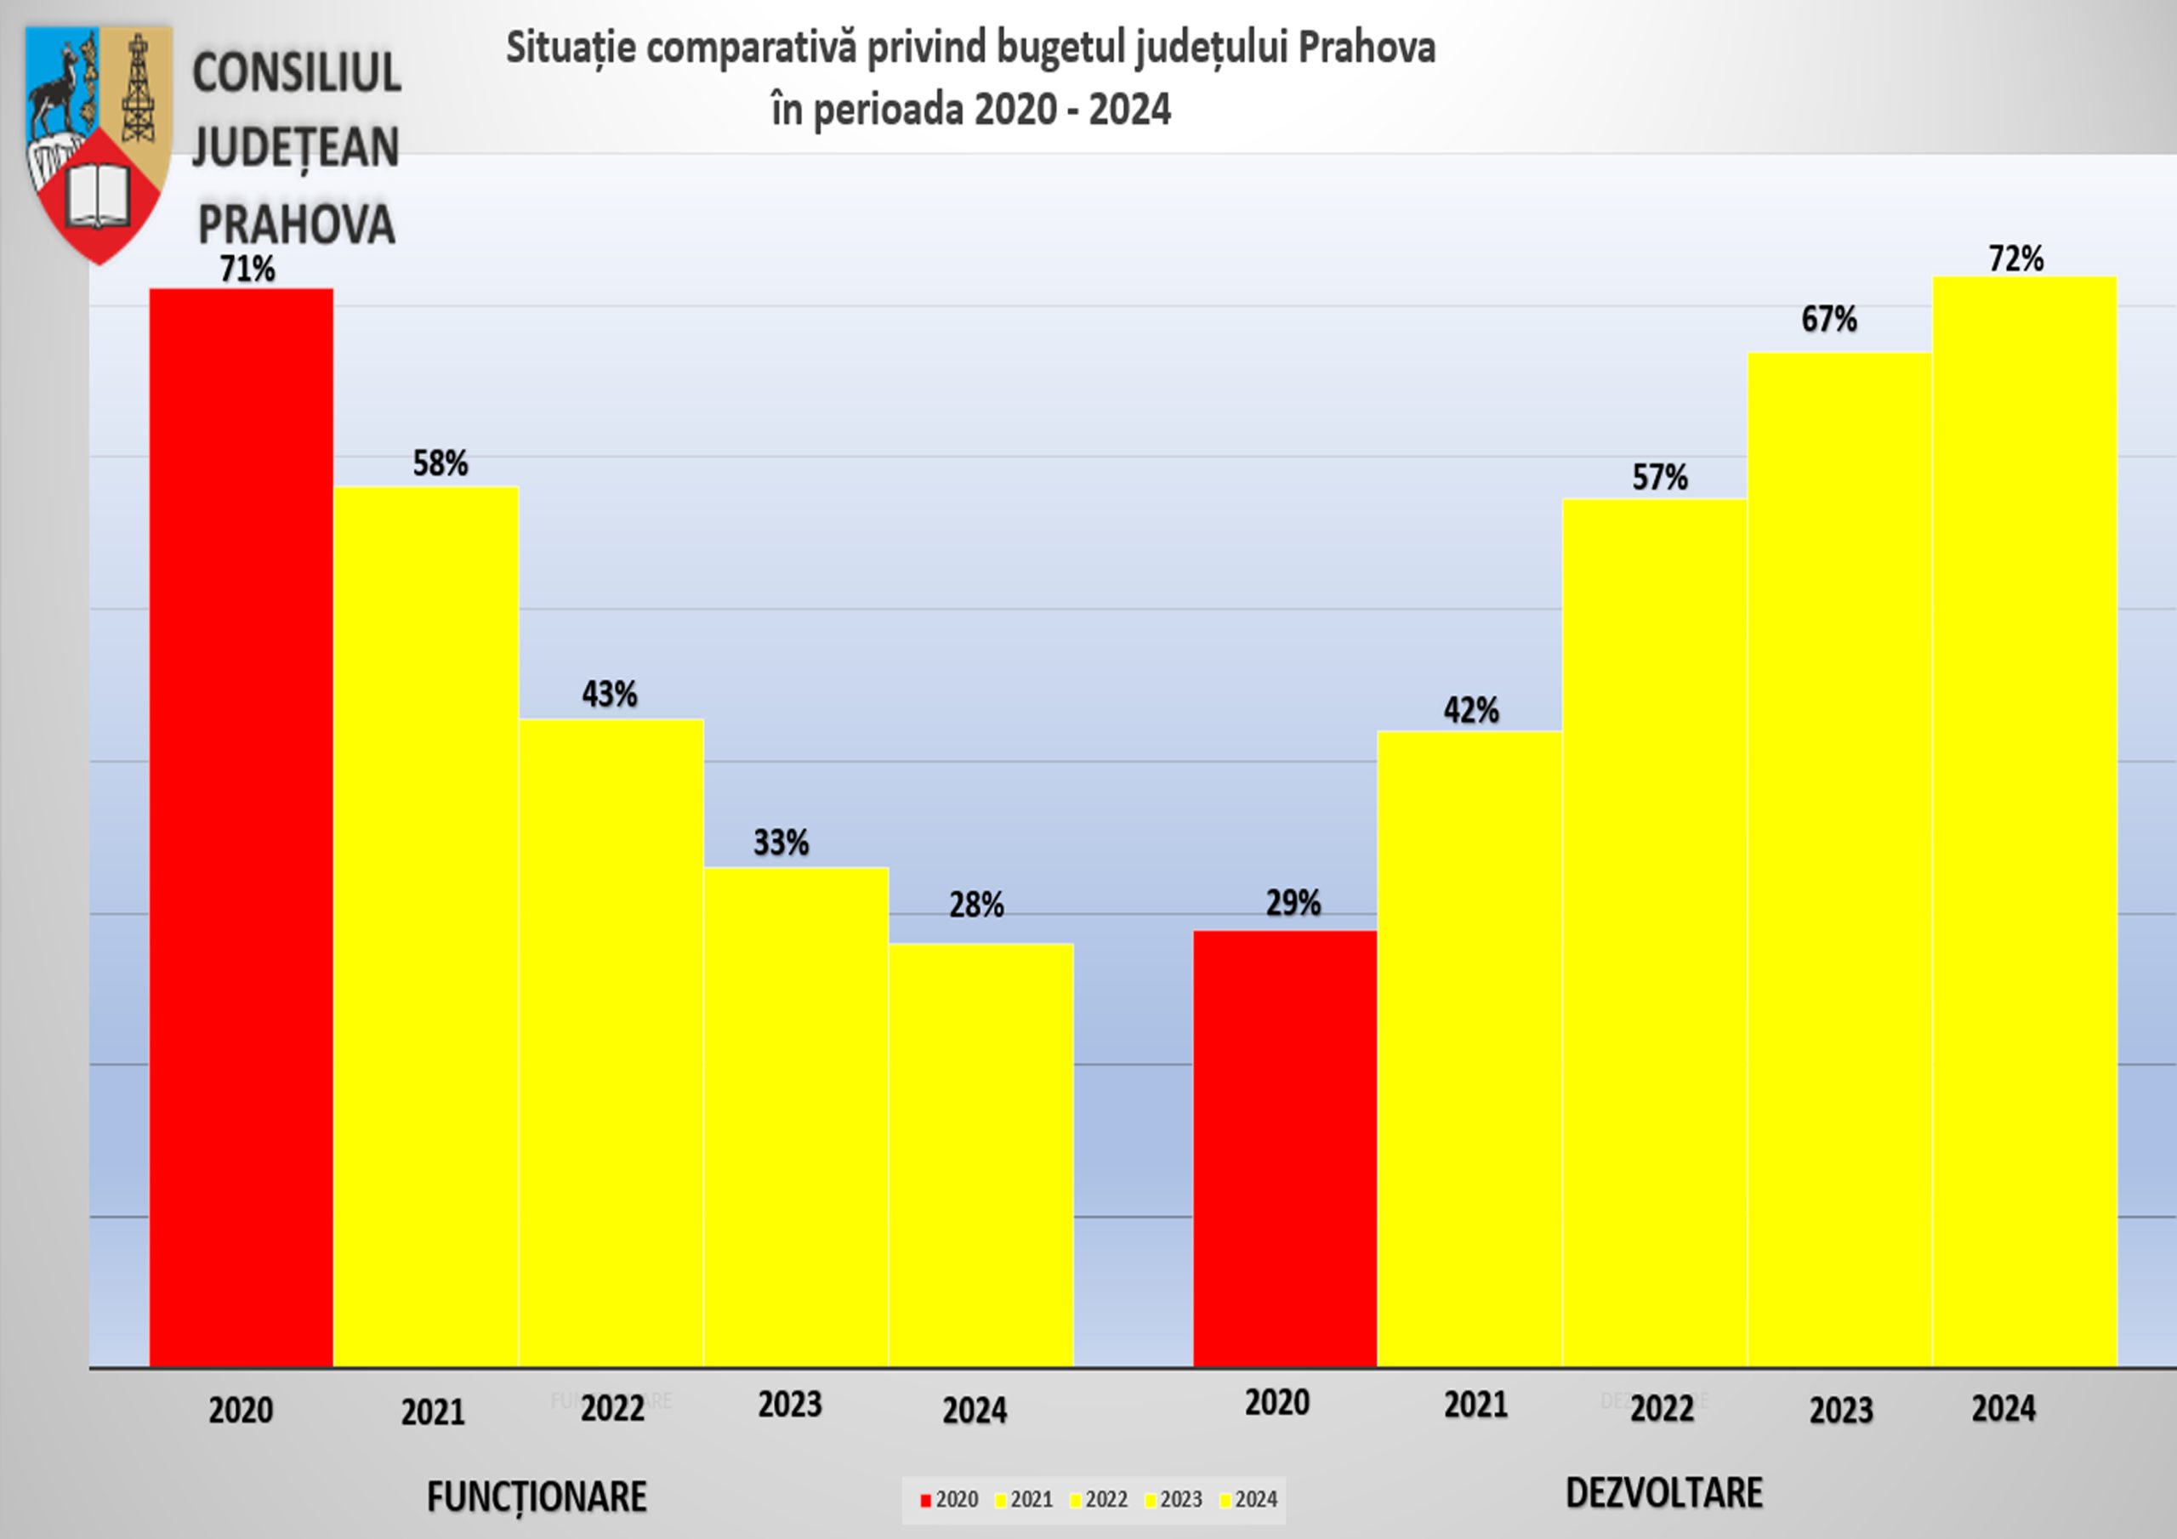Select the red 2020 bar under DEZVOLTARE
coord(1285,1147)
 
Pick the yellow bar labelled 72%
coord(2024,821)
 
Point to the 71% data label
coord(247,270)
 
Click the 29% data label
coord(1293,903)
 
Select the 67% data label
coord(1829,320)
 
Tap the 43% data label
coord(610,694)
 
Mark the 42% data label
coord(1471,710)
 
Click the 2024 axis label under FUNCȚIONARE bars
coord(975,1410)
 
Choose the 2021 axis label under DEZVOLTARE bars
coord(1475,1405)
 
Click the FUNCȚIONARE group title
coord(537,1497)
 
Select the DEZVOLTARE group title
coord(1664,1492)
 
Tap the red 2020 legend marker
coord(925,1500)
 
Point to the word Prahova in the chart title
coord(1367,48)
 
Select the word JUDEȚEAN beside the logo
coord(296,149)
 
